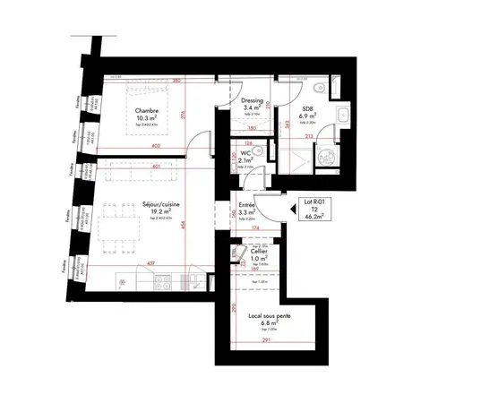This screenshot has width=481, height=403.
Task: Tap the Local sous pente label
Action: pos(262,316)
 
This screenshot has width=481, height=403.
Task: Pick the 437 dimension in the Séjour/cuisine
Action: pos(150,263)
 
